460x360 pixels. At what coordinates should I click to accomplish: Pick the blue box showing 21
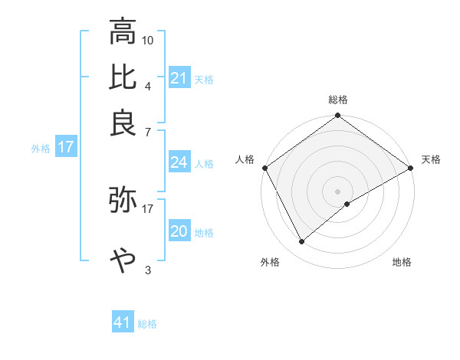[x=179, y=78]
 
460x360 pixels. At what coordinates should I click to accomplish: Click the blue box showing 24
[x=179, y=162]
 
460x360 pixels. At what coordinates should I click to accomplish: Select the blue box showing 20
[x=179, y=231]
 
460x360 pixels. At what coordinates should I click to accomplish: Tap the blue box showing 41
[x=122, y=323]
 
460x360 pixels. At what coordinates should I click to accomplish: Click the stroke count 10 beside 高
[x=148, y=40]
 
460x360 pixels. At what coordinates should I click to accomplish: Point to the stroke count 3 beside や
[x=148, y=270]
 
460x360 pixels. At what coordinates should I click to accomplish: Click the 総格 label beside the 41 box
[x=147, y=324]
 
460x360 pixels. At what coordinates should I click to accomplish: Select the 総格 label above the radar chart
[x=338, y=100]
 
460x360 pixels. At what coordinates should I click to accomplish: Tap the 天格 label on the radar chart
[x=431, y=159]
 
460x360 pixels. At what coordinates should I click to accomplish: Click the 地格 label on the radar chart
[x=402, y=262]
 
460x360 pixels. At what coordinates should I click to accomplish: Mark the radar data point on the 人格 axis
[x=264, y=167]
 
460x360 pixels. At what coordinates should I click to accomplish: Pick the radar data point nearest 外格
[x=302, y=241]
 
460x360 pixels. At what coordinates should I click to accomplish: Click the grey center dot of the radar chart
[x=338, y=191]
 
